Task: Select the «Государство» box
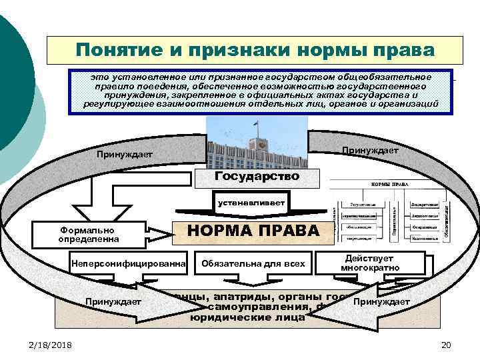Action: pos(257,177)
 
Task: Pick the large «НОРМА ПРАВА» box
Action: pos(248,230)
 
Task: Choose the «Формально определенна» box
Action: pos(89,233)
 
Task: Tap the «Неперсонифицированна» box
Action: pos(131,263)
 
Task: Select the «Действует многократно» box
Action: pos(370,263)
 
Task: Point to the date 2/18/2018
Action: pos(51,343)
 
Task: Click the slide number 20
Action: pos(446,343)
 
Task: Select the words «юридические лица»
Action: pos(247,318)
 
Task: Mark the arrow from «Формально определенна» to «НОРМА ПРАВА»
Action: pos(160,233)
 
